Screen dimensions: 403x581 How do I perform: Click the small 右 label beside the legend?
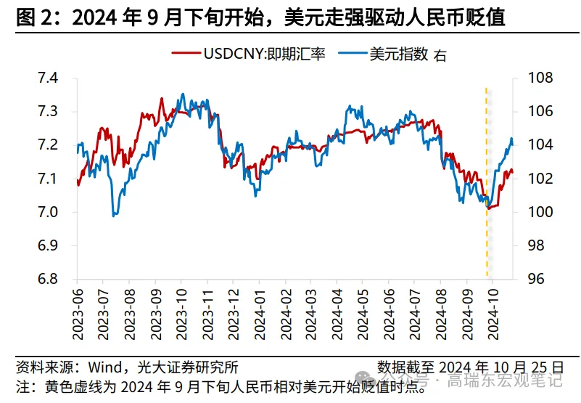[440, 56]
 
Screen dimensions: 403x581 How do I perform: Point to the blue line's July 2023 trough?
[114, 215]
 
